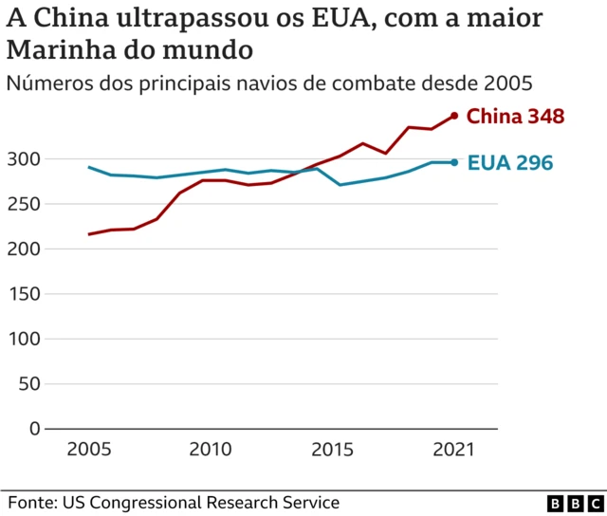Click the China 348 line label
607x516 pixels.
click(x=516, y=117)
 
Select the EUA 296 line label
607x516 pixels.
click(x=509, y=163)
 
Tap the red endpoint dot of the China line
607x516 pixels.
click(x=454, y=116)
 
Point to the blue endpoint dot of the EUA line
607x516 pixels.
click(x=454, y=162)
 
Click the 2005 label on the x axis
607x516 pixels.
click(x=88, y=449)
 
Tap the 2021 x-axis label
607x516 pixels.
click(x=454, y=449)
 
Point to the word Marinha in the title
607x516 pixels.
click(x=57, y=47)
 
